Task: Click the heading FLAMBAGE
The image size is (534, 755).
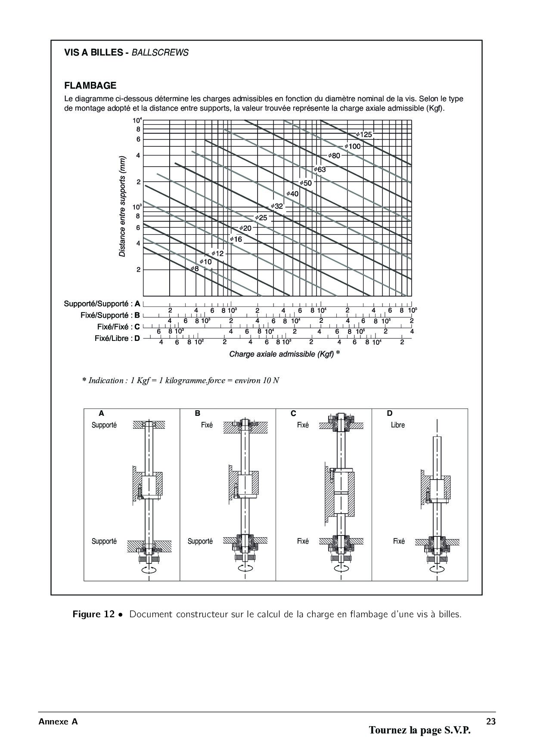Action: [x=90, y=85]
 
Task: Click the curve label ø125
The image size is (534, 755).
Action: [x=364, y=135]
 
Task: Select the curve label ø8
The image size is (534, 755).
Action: [x=195, y=269]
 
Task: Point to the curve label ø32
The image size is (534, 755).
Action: [x=277, y=206]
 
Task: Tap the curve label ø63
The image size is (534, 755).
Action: [x=320, y=170]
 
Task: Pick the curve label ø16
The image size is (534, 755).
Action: [x=236, y=239]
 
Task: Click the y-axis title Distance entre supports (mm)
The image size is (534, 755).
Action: [x=123, y=206]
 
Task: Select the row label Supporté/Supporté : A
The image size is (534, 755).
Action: [x=102, y=304]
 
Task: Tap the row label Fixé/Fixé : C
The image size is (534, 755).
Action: [x=118, y=327]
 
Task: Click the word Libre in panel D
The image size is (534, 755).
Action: [x=398, y=425]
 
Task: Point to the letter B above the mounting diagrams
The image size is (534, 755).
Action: [x=198, y=413]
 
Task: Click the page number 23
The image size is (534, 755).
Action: [x=491, y=722]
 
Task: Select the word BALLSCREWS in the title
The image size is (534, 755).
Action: [x=160, y=53]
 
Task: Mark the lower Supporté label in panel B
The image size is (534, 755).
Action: [x=200, y=541]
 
